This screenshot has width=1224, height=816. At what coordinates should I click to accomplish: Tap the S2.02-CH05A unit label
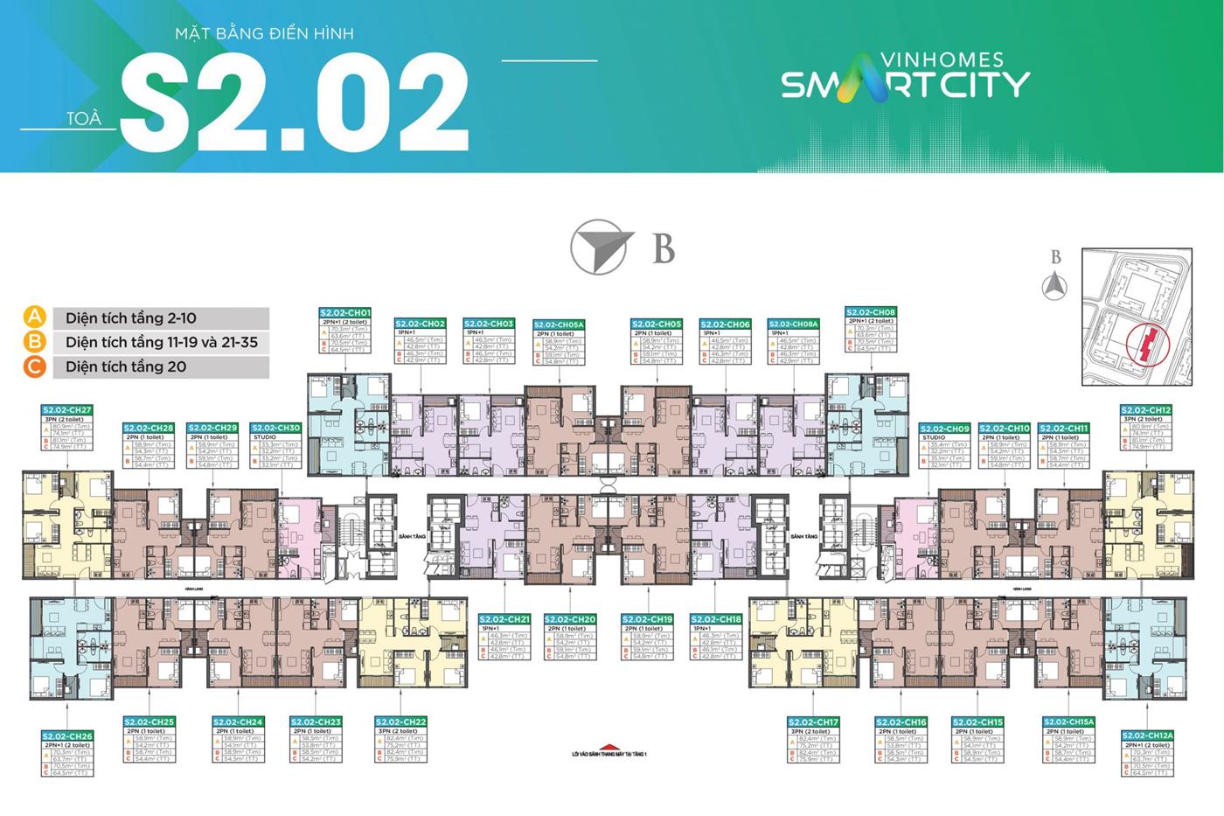click(559, 324)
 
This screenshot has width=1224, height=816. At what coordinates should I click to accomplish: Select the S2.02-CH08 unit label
click(872, 312)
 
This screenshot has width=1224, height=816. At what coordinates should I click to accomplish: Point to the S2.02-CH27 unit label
click(67, 409)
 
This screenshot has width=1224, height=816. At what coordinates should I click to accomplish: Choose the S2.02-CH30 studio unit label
click(275, 428)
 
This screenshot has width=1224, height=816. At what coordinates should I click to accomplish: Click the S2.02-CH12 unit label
click(1146, 409)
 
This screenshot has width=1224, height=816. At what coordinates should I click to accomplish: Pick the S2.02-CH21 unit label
click(504, 619)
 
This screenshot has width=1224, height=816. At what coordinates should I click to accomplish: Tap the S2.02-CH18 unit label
click(716, 619)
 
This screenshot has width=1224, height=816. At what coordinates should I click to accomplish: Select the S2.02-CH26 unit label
click(67, 736)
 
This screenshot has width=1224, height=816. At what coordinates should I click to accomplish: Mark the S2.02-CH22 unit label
click(402, 722)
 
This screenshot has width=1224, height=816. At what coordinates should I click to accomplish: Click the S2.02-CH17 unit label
click(813, 722)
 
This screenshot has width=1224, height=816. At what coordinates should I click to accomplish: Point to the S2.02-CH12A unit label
click(1147, 736)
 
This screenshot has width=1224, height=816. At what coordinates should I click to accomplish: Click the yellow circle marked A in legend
click(34, 317)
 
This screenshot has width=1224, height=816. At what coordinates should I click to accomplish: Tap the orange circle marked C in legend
click(34, 366)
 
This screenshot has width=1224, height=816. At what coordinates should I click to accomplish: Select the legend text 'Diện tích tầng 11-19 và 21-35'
click(162, 342)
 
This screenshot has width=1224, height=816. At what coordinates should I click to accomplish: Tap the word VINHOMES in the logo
click(930, 61)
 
